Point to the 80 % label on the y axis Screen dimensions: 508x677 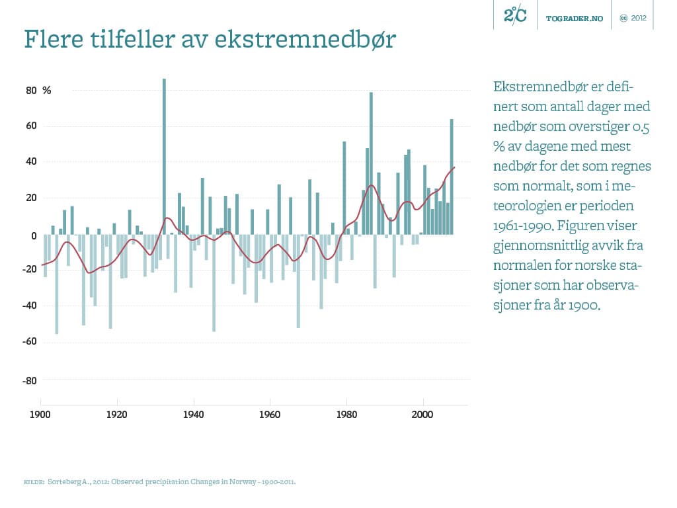(38, 91)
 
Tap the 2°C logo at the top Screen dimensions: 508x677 (515, 15)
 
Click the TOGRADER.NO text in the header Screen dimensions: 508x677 (575, 18)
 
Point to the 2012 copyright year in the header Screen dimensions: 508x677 (639, 18)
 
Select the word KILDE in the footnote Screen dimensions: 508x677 (33, 482)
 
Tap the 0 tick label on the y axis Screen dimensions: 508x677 (34, 235)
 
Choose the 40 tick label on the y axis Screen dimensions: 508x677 (32, 162)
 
